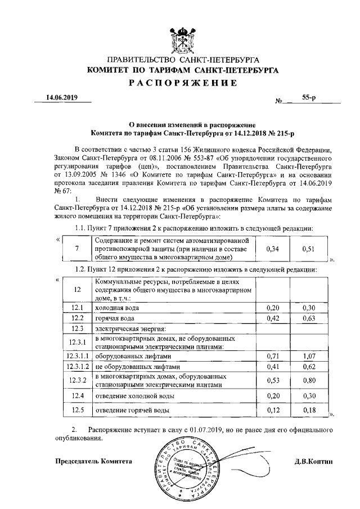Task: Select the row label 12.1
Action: tap(78, 308)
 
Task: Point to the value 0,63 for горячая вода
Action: tap(308, 318)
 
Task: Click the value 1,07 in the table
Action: tap(308, 356)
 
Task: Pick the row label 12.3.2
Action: tap(78, 380)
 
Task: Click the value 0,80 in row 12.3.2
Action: tap(308, 381)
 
